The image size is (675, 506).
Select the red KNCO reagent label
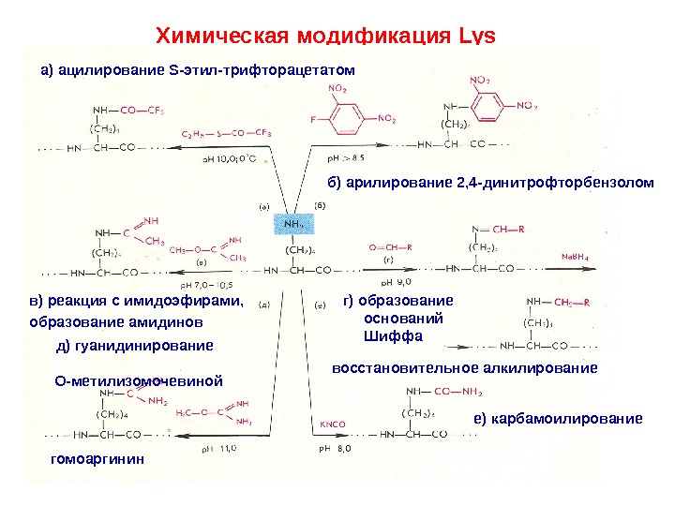(x=333, y=424)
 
